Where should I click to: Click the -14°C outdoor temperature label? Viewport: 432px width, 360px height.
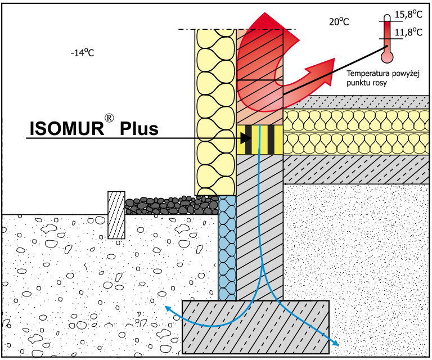[82, 53]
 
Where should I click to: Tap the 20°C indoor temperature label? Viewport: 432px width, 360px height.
[339, 22]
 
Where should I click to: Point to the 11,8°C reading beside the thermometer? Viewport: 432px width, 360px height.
[408, 32]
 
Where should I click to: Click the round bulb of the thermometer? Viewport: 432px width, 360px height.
[387, 56]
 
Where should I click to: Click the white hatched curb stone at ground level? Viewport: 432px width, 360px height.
[116, 215]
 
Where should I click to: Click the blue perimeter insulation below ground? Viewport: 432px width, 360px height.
[227, 247]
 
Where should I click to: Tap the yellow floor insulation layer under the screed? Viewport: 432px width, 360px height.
[354, 132]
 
